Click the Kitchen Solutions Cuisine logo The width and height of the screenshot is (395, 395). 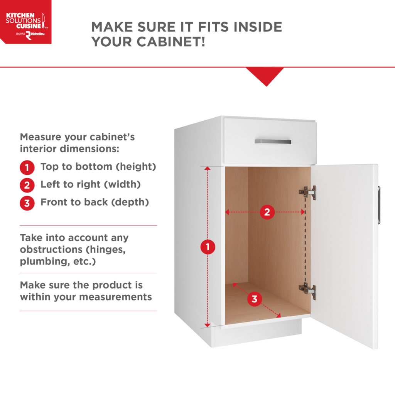click(x=25, y=22)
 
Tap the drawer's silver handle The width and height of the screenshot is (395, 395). click(x=273, y=142)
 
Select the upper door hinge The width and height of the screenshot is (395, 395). click(x=308, y=193)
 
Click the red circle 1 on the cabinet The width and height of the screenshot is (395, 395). click(x=208, y=247)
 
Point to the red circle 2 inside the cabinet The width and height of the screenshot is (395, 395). click(x=267, y=212)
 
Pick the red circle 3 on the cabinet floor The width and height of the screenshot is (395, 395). click(x=255, y=299)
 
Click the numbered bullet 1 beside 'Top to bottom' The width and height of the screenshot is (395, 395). click(x=27, y=167)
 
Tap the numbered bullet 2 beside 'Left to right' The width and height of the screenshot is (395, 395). click(x=27, y=185)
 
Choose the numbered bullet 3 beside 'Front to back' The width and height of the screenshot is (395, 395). click(x=27, y=203)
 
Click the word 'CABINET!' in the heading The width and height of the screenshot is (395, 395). click(x=171, y=42)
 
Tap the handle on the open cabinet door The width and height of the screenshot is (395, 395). click(x=379, y=205)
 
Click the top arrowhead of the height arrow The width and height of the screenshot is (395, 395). click(x=207, y=168)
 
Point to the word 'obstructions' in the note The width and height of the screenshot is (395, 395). click(x=51, y=250)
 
